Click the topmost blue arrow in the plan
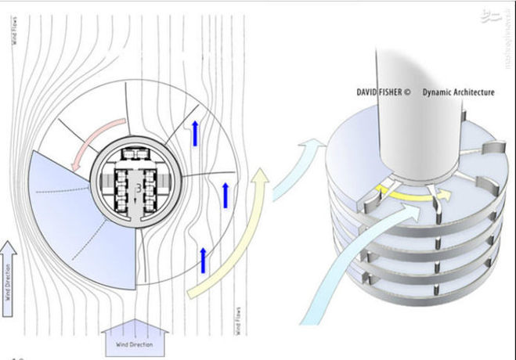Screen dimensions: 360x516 tap(194, 134)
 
